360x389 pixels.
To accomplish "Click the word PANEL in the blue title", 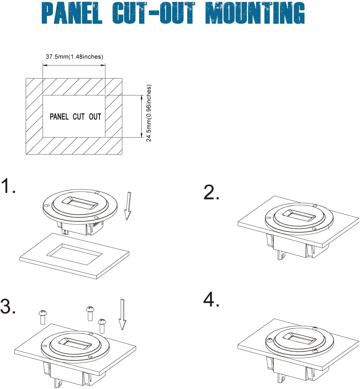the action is tap(72, 13).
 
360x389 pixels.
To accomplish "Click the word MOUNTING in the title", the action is tap(255, 13).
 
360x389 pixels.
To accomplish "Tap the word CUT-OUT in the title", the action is tap(154, 13).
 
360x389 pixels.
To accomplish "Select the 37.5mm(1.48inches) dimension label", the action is tap(74, 57).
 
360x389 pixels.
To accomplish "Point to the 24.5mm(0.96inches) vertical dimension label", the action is tap(149, 113).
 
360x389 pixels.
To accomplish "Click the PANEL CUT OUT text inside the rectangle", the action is tap(76, 116).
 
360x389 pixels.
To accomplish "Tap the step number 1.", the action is tap(8, 186).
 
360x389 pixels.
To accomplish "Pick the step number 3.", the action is tap(8, 306).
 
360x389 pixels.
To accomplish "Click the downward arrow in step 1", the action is tap(128, 206).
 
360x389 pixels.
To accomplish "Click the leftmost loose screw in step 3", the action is tap(43, 317).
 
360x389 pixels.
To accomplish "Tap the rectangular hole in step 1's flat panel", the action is tap(74, 254).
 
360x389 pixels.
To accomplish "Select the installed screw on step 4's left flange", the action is tap(270, 340).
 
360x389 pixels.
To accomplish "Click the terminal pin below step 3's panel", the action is tap(58, 383).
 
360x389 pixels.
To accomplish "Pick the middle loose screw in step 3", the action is tap(90, 313).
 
